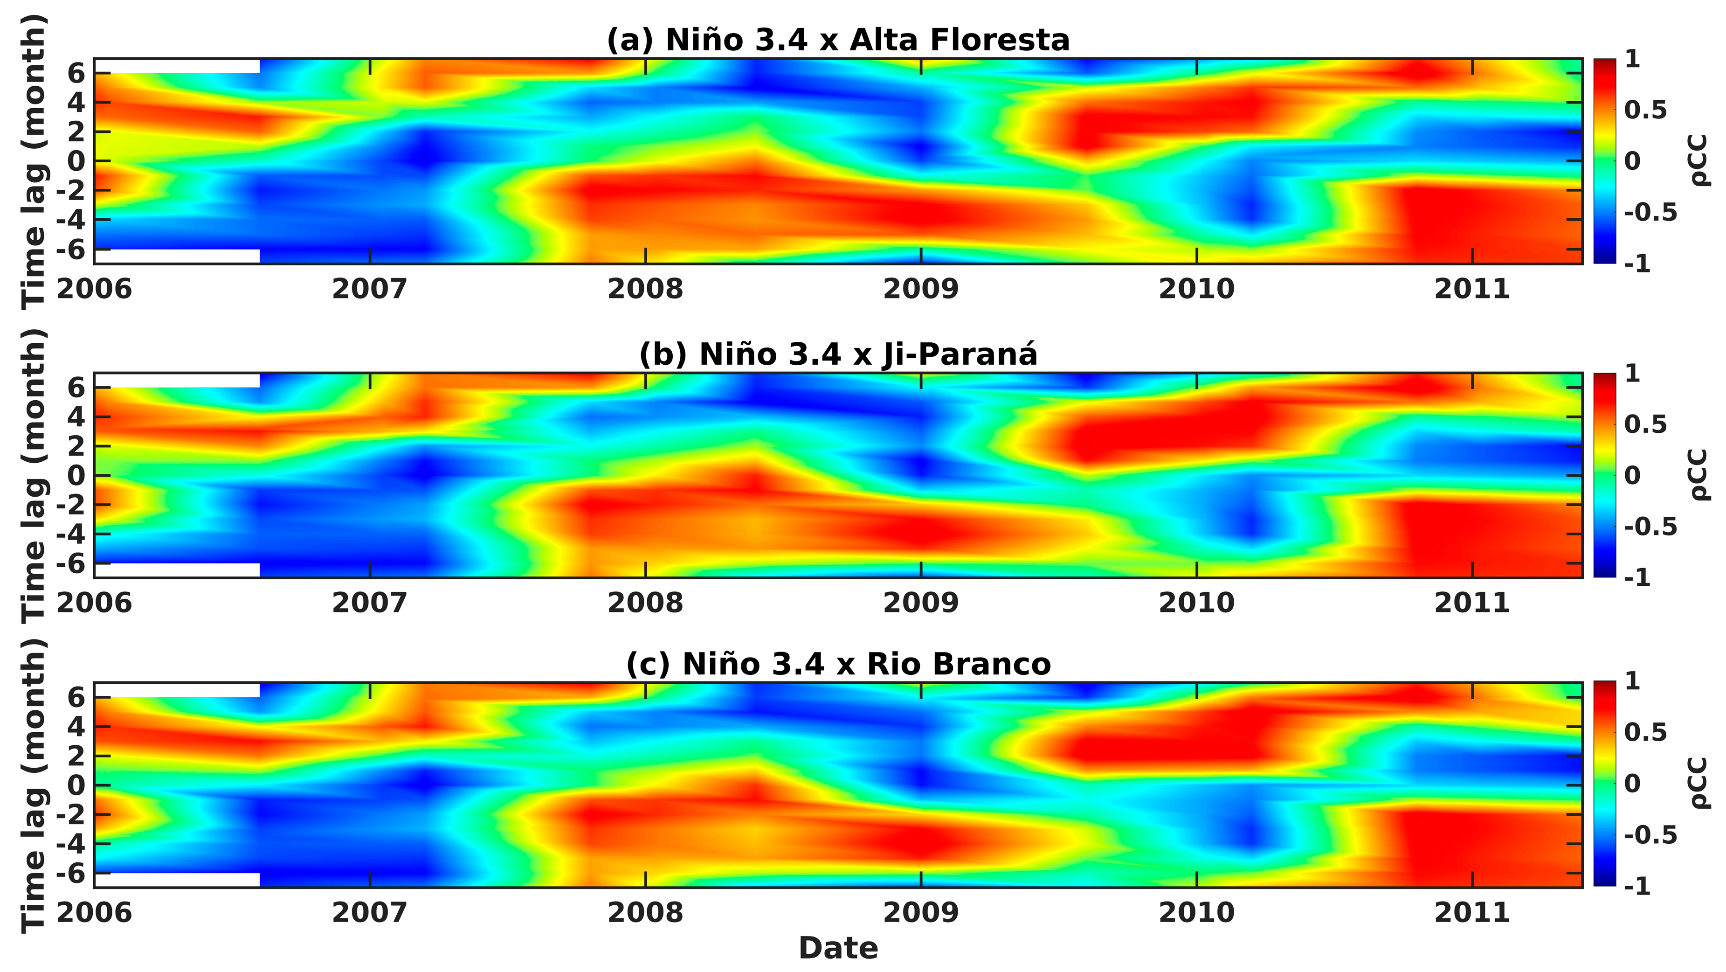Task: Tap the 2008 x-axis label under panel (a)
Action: [645, 289]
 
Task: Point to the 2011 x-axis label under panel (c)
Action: [1471, 912]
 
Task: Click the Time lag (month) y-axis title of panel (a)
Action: [34, 161]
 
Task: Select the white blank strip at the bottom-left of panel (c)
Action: [177, 880]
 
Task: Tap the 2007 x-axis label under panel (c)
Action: [369, 912]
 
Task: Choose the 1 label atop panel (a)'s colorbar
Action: [1632, 59]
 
